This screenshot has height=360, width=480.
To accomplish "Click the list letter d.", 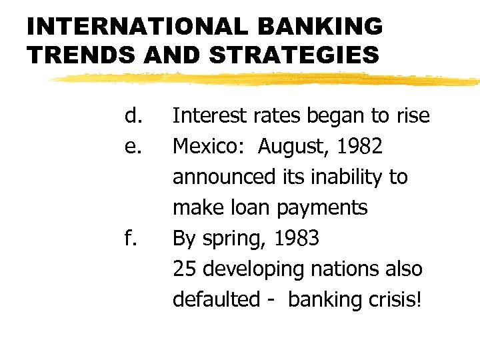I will pyautogui.click(x=133, y=116).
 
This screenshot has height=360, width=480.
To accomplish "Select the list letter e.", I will pyautogui.click(x=133, y=147).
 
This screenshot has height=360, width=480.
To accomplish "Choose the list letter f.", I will pyautogui.click(x=131, y=238).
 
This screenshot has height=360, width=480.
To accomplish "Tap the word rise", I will pyautogui.click(x=412, y=116).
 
